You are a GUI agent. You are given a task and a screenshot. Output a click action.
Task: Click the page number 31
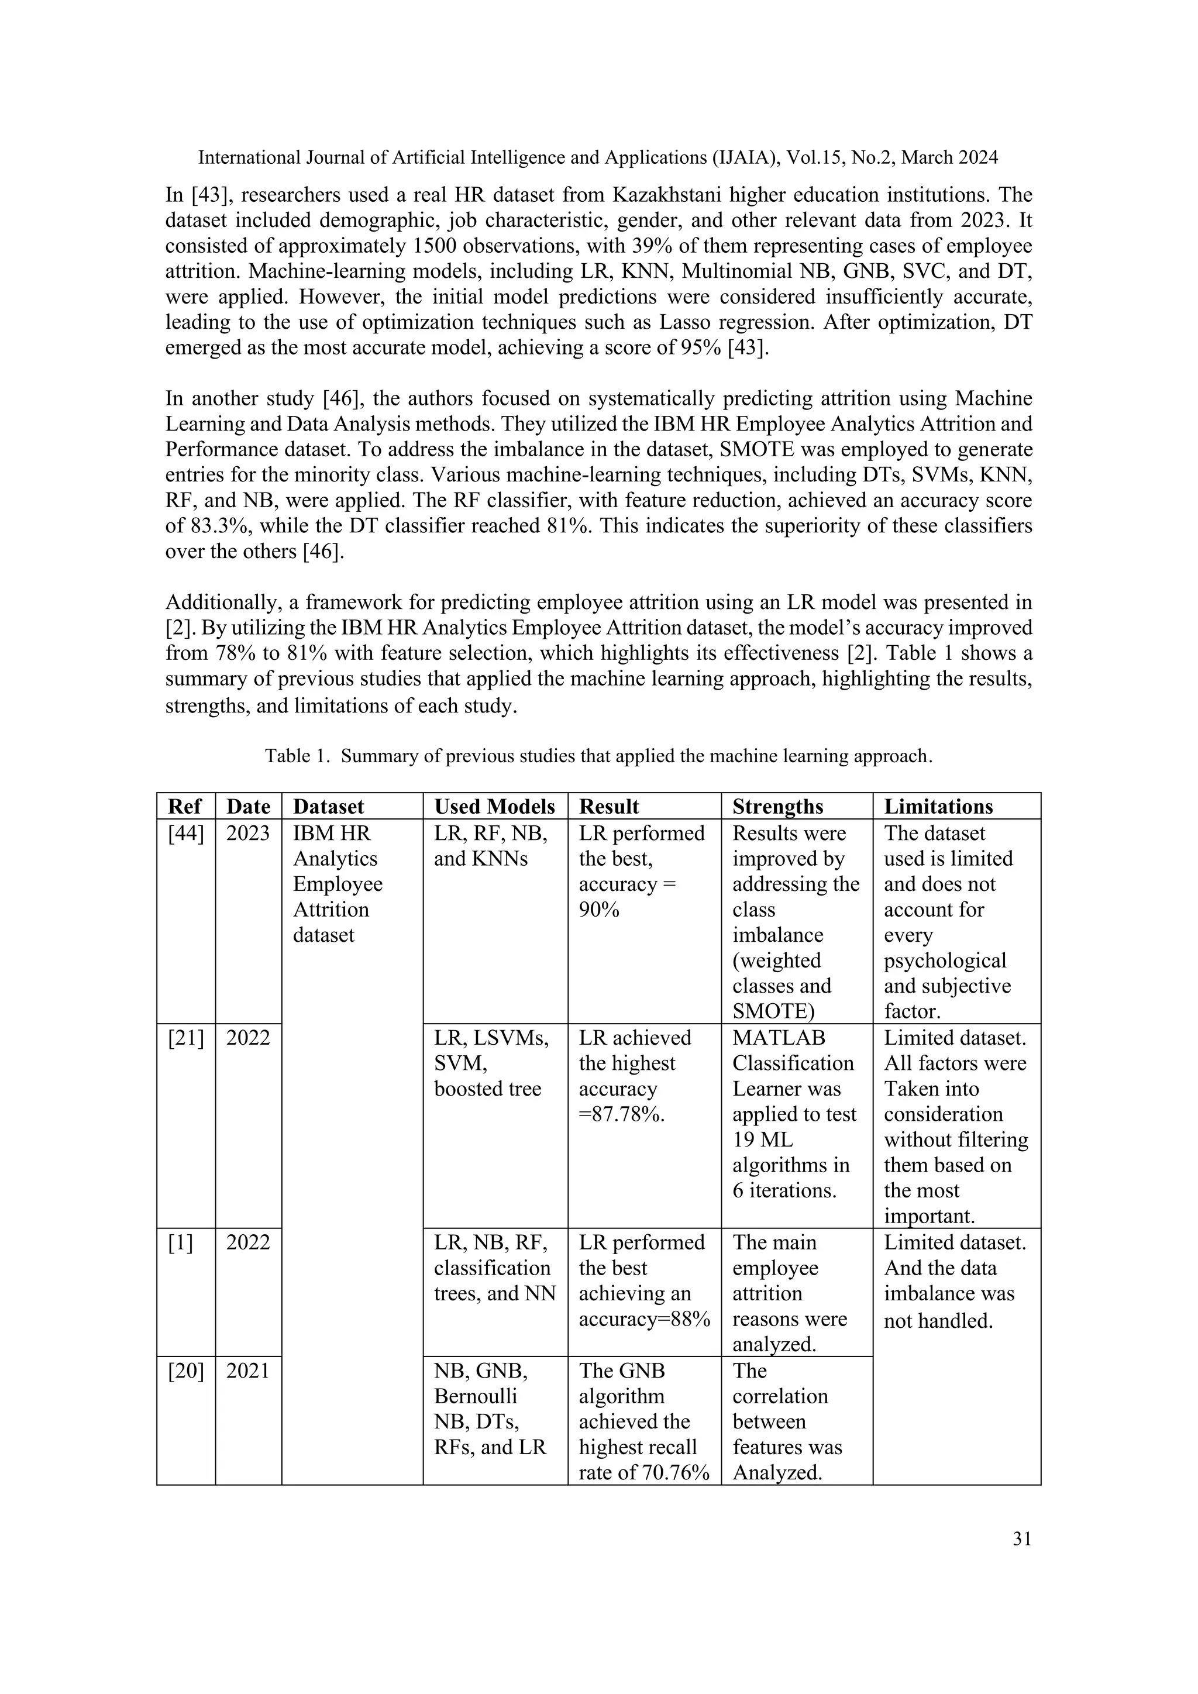pyautogui.click(x=1022, y=1538)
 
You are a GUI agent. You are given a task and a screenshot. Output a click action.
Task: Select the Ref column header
pyautogui.click(x=185, y=807)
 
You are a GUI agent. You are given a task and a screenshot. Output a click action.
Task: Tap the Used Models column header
pyautogui.click(x=494, y=807)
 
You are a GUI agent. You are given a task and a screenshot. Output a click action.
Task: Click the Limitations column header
pyautogui.click(x=938, y=807)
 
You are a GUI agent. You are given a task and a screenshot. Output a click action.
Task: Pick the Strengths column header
pyautogui.click(x=777, y=807)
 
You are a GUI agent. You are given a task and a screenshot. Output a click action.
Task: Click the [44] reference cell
pyautogui.click(x=185, y=834)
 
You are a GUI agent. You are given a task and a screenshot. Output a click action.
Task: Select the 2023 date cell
pyautogui.click(x=248, y=834)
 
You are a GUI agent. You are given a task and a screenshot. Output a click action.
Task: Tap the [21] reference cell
pyautogui.click(x=185, y=1038)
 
